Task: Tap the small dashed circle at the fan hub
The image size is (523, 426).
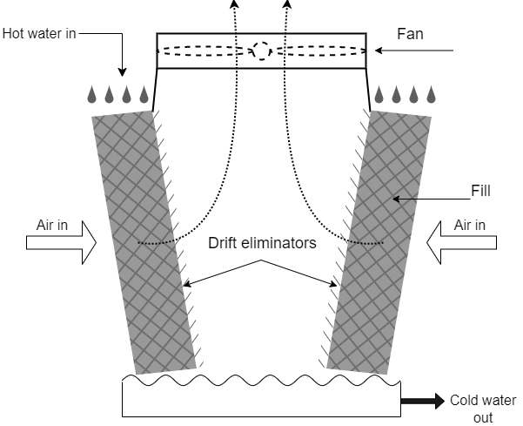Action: pyautogui.click(x=260, y=51)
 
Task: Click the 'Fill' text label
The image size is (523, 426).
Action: pyautogui.click(x=480, y=188)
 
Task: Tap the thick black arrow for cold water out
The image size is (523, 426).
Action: pyautogui.click(x=422, y=402)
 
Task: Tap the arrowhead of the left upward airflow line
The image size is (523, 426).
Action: pyautogui.click(x=233, y=4)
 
